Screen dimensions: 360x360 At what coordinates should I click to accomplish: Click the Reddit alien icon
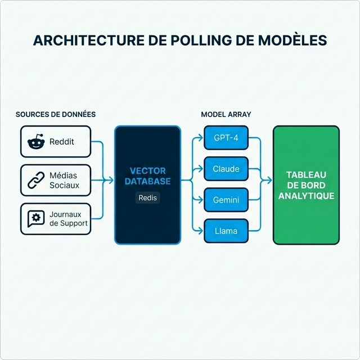point(35,142)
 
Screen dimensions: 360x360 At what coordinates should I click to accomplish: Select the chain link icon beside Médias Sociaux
point(35,181)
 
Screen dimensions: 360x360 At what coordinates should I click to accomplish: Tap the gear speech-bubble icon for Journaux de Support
point(35,219)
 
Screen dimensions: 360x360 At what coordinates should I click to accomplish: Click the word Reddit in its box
point(61,142)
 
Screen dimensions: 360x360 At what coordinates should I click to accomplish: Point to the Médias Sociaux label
point(64,181)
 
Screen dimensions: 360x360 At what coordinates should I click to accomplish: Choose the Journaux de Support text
point(68,219)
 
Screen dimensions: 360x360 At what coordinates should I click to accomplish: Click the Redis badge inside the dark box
point(148,198)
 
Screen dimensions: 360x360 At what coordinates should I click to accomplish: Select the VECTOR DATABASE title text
point(147,176)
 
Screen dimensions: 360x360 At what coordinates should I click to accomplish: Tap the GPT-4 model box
point(226,138)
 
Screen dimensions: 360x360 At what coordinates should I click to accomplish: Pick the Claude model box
point(226,169)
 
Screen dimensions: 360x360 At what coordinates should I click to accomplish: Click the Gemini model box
point(226,200)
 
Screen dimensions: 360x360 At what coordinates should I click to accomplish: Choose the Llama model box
point(226,231)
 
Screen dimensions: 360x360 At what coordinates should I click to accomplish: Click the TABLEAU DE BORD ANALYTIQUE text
point(306,186)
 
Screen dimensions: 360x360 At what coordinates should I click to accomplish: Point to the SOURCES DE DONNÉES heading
point(56,114)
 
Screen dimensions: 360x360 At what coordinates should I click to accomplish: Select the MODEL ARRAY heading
point(226,114)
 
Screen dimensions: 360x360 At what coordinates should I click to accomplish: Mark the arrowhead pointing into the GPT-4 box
point(201,138)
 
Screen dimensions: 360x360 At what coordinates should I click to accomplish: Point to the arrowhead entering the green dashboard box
point(270,181)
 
